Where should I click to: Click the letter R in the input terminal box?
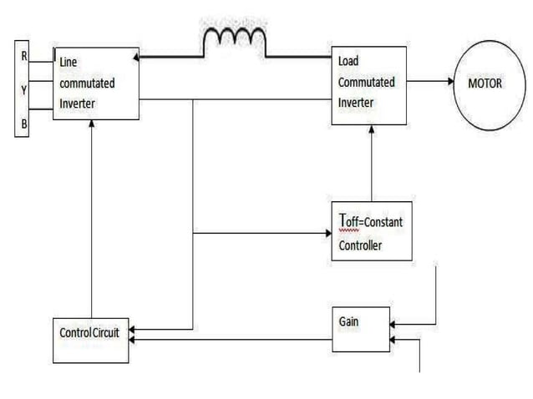click(x=23, y=57)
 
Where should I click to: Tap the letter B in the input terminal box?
click(x=23, y=124)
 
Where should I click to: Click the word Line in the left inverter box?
click(x=69, y=63)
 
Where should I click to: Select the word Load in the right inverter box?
click(x=348, y=62)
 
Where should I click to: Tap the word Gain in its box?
click(x=349, y=321)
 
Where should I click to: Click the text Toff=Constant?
click(x=371, y=223)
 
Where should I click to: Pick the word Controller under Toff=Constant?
click(x=360, y=245)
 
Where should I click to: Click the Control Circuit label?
click(x=89, y=332)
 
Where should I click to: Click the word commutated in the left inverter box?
click(x=87, y=83)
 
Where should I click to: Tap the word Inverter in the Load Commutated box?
click(x=356, y=104)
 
